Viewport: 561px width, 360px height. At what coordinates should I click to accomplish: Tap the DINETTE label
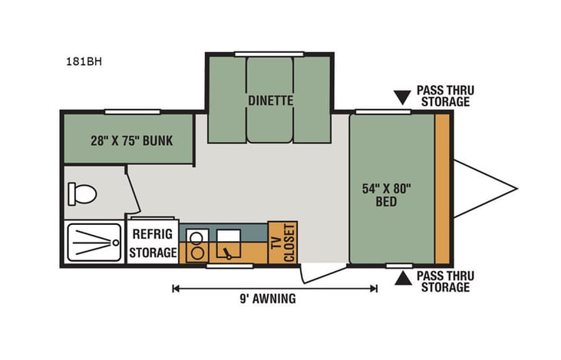(x=269, y=100)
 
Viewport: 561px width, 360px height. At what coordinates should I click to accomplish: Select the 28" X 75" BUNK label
(x=129, y=140)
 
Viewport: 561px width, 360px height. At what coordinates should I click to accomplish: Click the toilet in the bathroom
(x=81, y=193)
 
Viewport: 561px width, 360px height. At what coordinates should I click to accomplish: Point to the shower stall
(x=92, y=242)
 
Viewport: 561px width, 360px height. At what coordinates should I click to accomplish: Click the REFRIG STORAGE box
(x=152, y=243)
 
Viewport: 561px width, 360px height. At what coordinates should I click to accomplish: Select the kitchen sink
(x=228, y=244)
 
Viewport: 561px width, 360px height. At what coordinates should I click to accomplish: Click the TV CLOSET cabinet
(x=282, y=243)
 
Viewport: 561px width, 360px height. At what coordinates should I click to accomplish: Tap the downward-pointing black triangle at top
(x=401, y=97)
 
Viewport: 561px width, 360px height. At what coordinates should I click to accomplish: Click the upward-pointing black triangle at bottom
(x=401, y=280)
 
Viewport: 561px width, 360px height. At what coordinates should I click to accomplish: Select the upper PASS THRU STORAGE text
(x=444, y=96)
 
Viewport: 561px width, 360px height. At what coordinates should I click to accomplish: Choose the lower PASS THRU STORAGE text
(x=444, y=281)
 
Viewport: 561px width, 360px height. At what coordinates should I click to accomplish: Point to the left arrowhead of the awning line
(x=176, y=289)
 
